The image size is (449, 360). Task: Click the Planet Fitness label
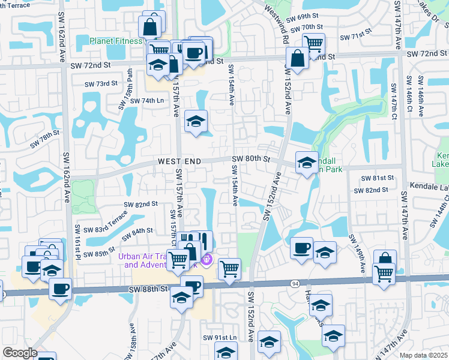(118, 41)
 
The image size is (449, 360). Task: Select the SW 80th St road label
(249, 158)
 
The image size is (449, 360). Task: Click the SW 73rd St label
(100, 83)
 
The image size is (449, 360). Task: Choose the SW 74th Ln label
(147, 101)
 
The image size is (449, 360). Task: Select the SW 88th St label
(148, 289)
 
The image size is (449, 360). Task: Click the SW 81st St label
(377, 178)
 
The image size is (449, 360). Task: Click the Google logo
(19, 353)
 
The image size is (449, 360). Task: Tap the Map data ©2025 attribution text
(424, 355)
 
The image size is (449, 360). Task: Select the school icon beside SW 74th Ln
(196, 122)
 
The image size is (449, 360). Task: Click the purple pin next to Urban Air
(206, 260)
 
